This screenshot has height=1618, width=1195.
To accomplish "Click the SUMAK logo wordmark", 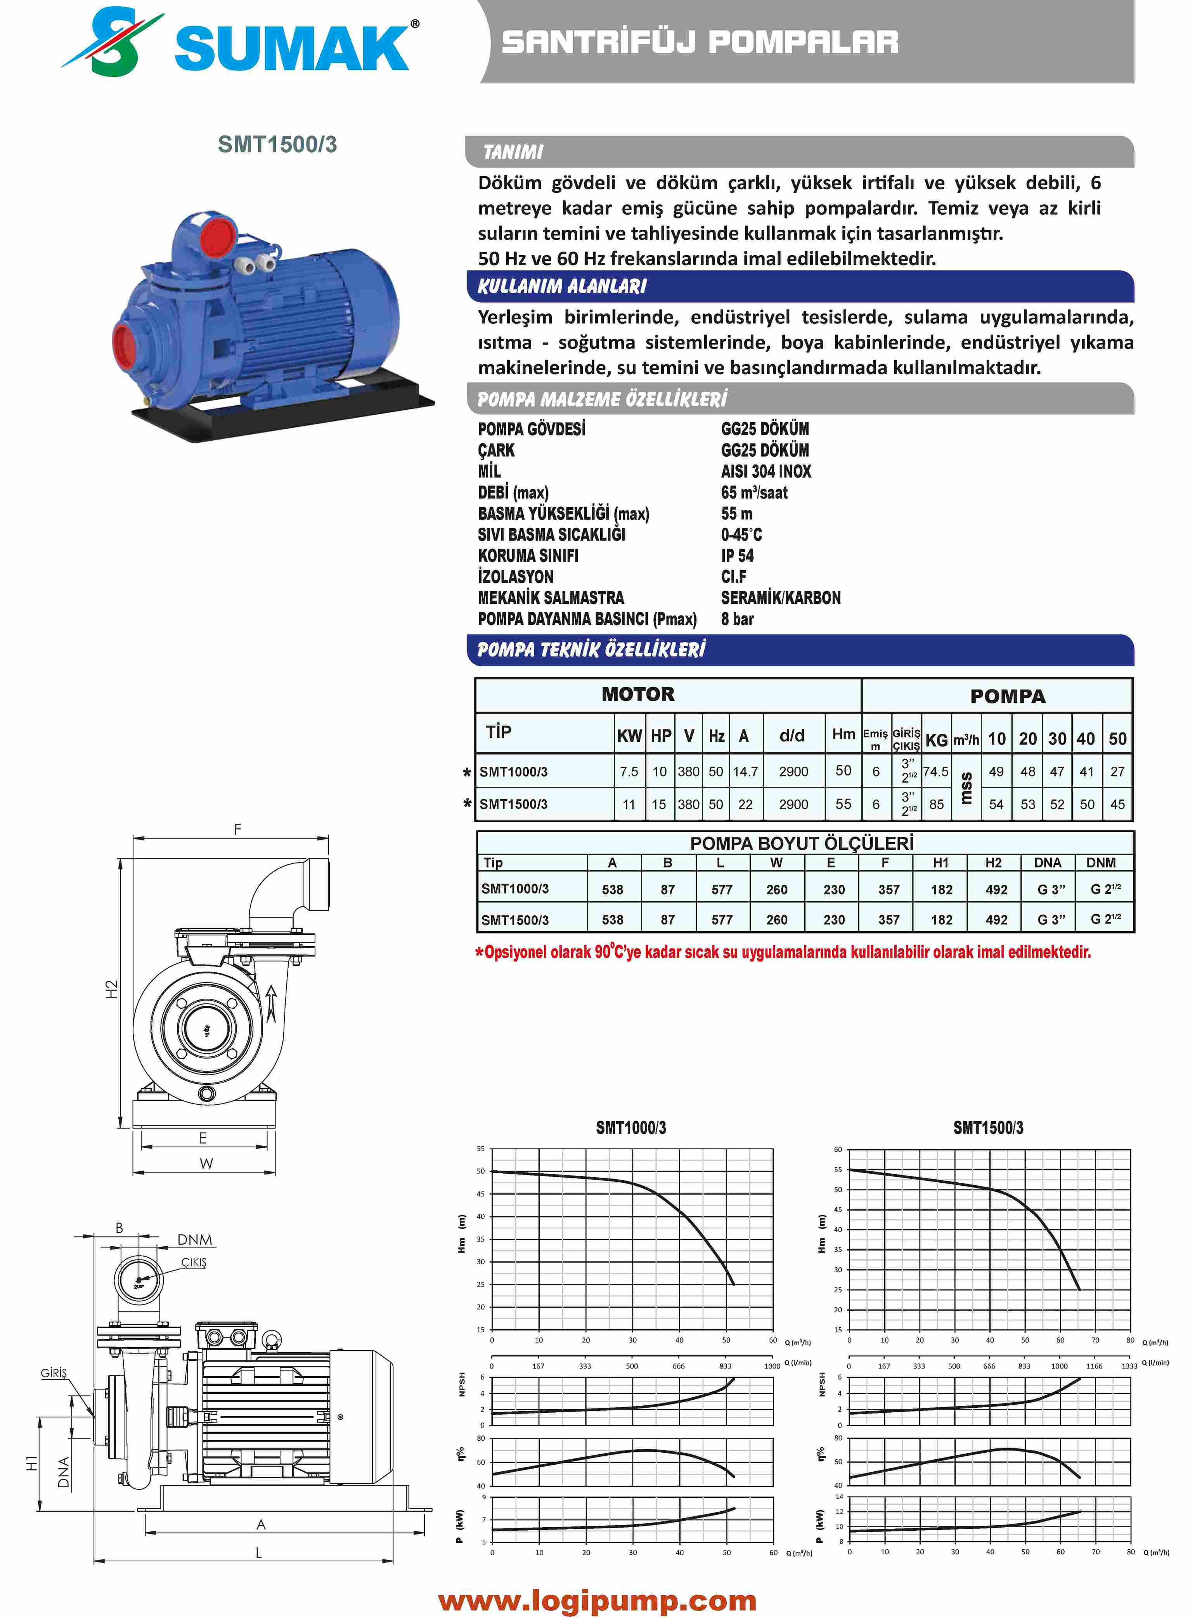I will [291, 49].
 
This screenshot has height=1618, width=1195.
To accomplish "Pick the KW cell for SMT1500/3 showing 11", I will [629, 804].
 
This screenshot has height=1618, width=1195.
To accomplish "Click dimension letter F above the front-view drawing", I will [237, 830].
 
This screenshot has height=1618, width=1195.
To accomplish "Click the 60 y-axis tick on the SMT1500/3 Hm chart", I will [838, 1149].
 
